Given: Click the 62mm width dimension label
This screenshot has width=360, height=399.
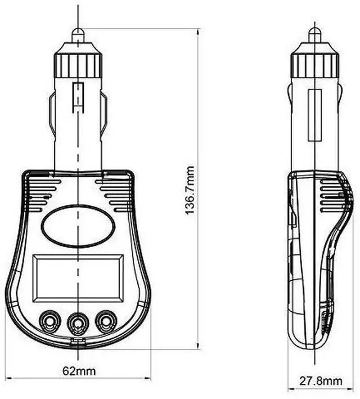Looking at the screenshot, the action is point(79,371).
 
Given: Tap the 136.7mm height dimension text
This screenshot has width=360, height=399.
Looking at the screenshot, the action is point(190,191).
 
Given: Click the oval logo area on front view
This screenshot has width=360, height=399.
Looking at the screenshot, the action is point(78,226).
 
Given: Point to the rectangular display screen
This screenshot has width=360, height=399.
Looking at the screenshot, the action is point(78,277).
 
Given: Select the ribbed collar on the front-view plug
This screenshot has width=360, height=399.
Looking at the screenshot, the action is point(78,65).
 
